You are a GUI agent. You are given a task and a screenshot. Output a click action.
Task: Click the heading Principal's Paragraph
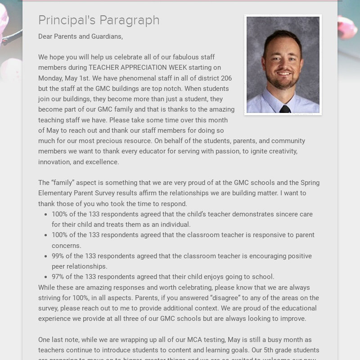[99, 20]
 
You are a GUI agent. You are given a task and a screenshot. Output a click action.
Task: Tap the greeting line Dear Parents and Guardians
[81, 36]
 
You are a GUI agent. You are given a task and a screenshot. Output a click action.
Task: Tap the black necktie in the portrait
[284, 109]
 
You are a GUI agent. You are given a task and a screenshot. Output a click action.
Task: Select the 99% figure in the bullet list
[58, 256]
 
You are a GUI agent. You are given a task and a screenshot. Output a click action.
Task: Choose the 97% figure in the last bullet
[58, 277]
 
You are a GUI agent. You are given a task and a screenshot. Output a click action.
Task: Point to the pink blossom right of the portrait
[347, 27]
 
